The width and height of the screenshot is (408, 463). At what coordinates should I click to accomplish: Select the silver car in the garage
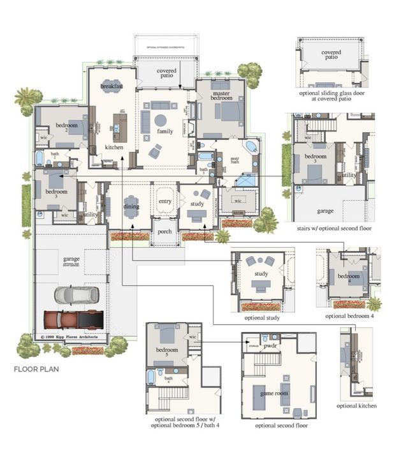tap(76, 294)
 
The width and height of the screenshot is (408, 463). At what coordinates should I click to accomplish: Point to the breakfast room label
tap(112, 86)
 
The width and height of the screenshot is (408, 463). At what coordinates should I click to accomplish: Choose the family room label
tap(165, 132)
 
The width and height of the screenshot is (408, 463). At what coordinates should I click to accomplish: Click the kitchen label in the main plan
tap(114, 148)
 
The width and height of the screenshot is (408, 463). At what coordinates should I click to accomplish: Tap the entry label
tap(164, 201)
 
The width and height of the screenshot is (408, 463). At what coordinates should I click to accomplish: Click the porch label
tap(164, 232)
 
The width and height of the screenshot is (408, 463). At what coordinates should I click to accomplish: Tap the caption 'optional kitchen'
tap(357, 406)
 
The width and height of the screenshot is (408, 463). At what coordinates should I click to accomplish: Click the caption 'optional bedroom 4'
tap(349, 315)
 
